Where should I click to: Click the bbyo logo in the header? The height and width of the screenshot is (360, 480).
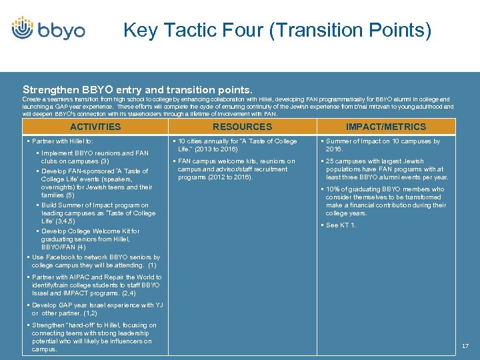(x=48, y=31)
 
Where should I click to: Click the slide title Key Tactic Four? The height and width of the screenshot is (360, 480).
(x=277, y=31)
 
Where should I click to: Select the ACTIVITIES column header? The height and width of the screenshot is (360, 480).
(x=95, y=127)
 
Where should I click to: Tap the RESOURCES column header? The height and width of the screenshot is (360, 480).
(x=242, y=127)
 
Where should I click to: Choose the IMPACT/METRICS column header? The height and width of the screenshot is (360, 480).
(x=385, y=127)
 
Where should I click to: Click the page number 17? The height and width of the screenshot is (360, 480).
(x=465, y=346)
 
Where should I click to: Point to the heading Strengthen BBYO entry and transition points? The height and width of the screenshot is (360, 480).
(x=137, y=89)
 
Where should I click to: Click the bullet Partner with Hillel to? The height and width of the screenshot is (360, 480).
(x=64, y=141)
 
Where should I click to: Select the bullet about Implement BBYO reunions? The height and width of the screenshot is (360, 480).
(x=95, y=157)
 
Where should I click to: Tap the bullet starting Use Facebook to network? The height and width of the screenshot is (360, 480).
(x=96, y=261)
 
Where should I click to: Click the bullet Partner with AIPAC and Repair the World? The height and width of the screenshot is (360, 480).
(x=96, y=285)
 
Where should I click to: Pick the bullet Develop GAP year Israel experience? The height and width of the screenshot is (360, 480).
(x=96, y=309)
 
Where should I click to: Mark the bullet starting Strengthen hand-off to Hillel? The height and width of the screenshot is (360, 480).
(x=94, y=337)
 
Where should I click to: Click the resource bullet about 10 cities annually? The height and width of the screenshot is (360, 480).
(x=237, y=145)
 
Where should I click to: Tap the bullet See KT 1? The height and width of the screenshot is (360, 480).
(x=341, y=225)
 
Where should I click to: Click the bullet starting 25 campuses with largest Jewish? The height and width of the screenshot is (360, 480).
(x=387, y=169)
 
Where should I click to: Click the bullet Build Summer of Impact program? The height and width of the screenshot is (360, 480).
(x=97, y=213)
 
